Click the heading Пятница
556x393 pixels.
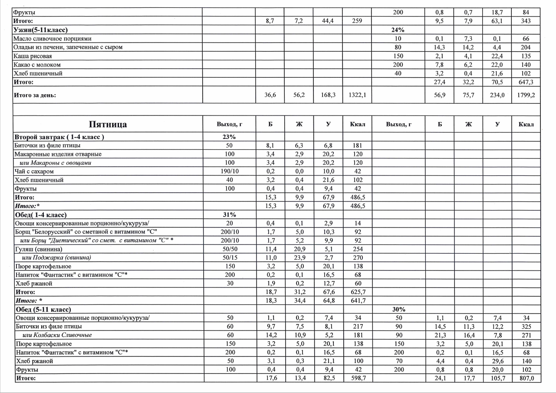[x=108, y=125]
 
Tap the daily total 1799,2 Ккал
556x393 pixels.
[x=526, y=95]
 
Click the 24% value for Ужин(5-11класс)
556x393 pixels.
[x=398, y=30]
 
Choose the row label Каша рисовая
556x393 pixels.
[x=33, y=56]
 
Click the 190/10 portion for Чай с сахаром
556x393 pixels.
[x=230, y=172]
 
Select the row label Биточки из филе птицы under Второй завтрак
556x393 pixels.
[x=47, y=145]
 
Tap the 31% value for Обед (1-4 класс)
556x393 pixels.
[x=230, y=215]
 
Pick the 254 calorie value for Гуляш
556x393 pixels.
[x=358, y=249]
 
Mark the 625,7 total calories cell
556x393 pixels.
[x=358, y=292]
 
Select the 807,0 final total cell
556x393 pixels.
[x=526, y=378]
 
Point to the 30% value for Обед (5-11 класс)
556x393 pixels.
[x=398, y=310]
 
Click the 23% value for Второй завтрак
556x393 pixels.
[x=230, y=137]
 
